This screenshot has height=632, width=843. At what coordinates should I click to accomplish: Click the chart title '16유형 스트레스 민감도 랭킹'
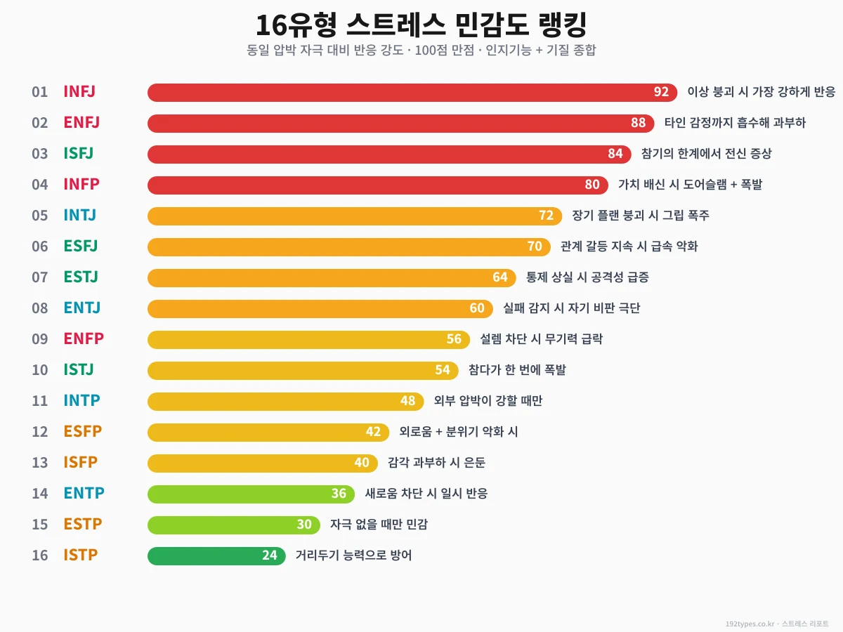click(421, 26)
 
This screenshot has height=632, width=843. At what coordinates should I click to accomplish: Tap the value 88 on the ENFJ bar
click(638, 124)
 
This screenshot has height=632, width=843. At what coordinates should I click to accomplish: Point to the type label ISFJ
click(78, 153)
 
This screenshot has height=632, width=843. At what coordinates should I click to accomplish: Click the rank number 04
click(40, 184)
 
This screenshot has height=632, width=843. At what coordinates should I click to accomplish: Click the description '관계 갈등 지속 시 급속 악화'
click(629, 246)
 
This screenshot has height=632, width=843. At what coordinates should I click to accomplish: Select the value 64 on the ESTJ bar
click(499, 277)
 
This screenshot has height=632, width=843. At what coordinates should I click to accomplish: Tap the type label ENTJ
click(81, 308)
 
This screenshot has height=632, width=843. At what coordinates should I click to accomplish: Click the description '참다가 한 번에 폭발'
click(516, 370)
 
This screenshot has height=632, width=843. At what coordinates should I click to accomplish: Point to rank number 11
click(40, 400)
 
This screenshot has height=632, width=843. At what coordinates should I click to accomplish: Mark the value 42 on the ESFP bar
click(373, 432)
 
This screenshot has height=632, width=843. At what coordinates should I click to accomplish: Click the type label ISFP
click(80, 462)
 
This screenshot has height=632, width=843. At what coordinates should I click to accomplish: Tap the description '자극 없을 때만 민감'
click(379, 525)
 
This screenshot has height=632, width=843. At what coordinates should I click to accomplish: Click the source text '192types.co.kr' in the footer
click(750, 624)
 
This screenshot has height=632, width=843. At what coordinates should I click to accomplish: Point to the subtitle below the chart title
click(421, 51)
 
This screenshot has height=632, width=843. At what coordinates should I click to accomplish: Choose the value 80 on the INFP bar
click(592, 185)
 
